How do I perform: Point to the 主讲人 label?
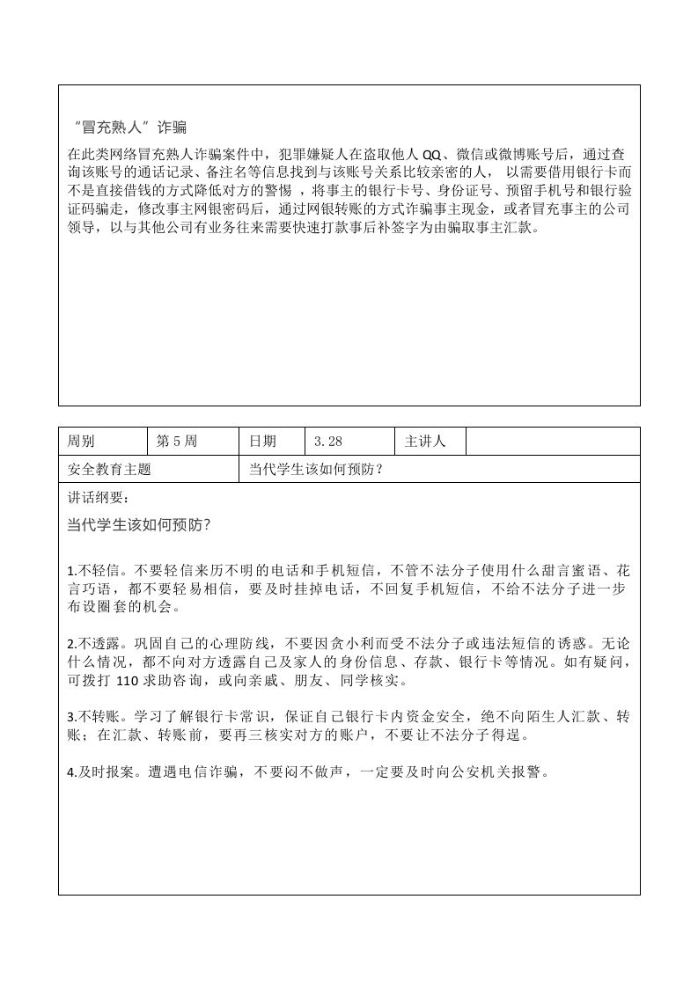click(425, 442)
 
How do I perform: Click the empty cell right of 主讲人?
click(552, 442)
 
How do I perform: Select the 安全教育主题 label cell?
click(109, 470)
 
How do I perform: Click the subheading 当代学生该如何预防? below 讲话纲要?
click(138, 524)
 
